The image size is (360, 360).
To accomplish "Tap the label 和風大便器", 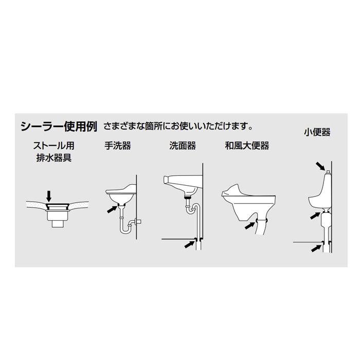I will click(x=247, y=146).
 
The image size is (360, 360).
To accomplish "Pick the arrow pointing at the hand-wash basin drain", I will click(x=110, y=208).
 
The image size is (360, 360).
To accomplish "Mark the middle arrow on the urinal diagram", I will click(x=315, y=215).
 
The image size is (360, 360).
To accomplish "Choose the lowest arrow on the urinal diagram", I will click(x=315, y=249).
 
